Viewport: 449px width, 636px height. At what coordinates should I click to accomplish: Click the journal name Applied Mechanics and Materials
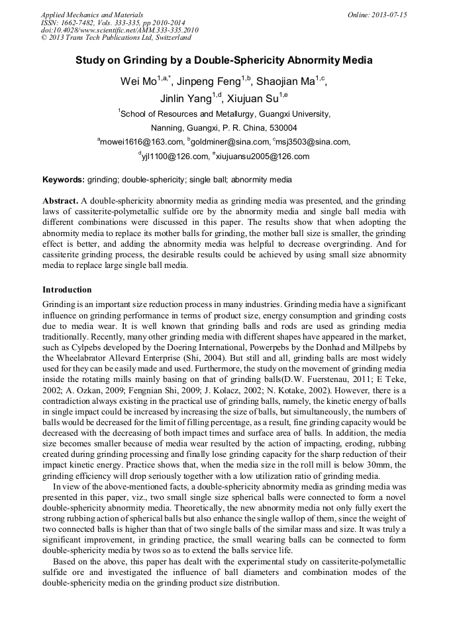[92, 15]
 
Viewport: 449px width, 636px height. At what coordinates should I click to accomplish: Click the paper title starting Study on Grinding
[224, 60]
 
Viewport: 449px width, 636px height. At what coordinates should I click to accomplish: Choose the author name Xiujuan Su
[252, 99]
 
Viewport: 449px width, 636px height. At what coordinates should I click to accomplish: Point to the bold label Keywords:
[64, 180]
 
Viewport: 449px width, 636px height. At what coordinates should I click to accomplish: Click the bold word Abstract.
[60, 200]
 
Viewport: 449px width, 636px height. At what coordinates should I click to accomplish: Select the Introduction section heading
[67, 290]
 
